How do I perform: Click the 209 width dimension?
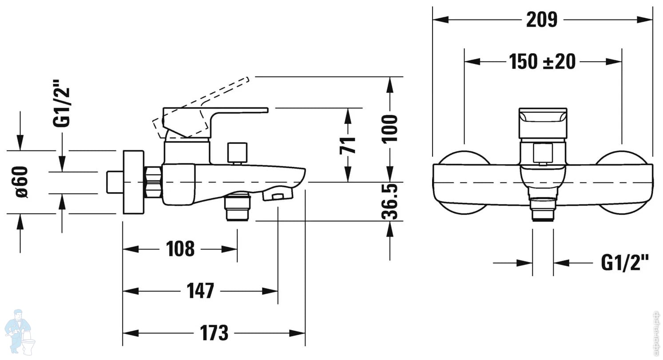[542, 20]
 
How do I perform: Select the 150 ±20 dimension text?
[542, 62]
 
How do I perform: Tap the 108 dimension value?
[180, 249]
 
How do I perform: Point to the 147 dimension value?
[201, 291]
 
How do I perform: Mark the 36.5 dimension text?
[390, 202]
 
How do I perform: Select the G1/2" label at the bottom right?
[625, 263]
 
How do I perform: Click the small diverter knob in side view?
[236, 153]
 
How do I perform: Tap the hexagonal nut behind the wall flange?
[153, 182]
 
